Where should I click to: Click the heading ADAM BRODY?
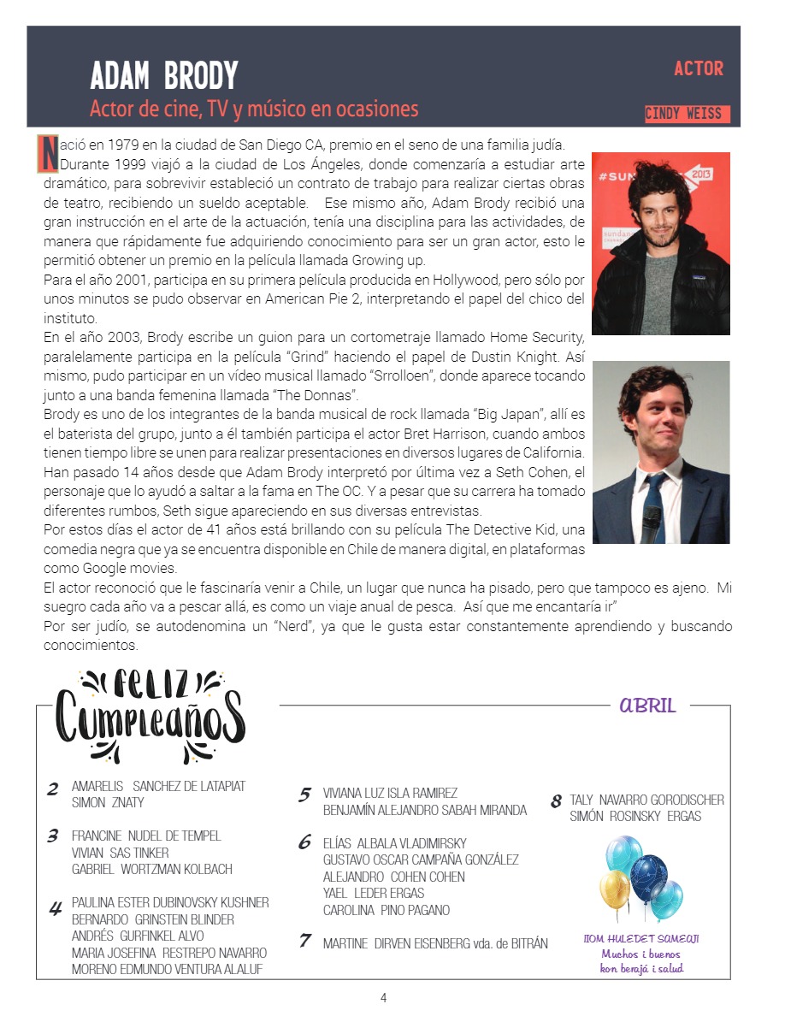coord(163,76)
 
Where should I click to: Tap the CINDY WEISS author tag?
coord(683,114)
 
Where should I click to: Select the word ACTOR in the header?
coord(698,68)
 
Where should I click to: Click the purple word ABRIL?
coord(647,706)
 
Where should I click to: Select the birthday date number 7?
coord(304,941)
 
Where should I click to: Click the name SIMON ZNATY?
coord(108,802)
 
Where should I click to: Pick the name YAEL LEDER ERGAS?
coord(374,893)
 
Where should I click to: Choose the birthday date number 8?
coord(556,801)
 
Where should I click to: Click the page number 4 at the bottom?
coord(384,997)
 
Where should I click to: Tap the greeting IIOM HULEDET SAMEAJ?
coord(641,938)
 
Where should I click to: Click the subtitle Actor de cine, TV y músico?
coord(254,109)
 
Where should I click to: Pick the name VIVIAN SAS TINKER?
coord(120,853)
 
